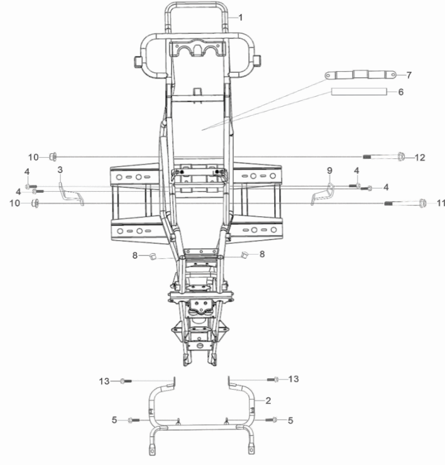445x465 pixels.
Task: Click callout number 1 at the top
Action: (x=239, y=18)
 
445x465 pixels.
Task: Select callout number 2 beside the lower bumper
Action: (x=268, y=400)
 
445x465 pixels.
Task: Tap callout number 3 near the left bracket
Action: (x=60, y=170)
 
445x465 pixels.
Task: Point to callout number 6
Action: (x=400, y=92)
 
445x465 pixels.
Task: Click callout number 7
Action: (x=409, y=75)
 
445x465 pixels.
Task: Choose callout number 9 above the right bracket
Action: (x=329, y=170)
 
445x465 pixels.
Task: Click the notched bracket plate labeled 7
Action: (x=360, y=75)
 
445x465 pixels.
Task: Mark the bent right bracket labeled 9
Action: (x=323, y=192)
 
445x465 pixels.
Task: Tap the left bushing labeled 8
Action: (x=151, y=255)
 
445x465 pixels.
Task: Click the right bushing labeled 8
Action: (x=245, y=254)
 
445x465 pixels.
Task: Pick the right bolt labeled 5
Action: (x=273, y=419)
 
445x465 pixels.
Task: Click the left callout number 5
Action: (x=114, y=419)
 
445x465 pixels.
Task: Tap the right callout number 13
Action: (x=294, y=379)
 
